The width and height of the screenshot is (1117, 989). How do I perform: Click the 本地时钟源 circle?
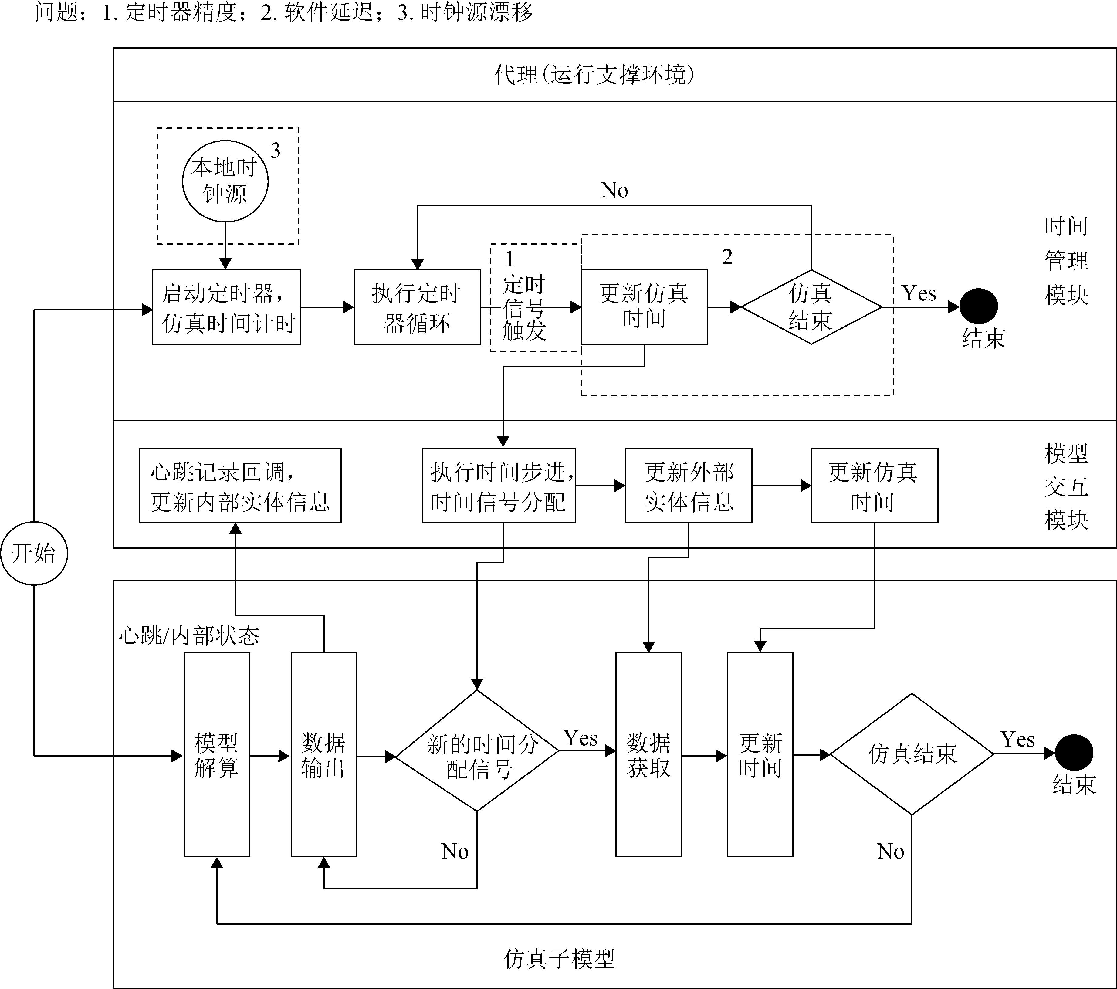225,180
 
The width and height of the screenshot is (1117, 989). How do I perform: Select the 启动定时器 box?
226,307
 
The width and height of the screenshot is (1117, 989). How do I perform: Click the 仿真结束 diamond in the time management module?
811,307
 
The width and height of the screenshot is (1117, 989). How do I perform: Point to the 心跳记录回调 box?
240,486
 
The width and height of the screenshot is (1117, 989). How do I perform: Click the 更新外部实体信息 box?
689,486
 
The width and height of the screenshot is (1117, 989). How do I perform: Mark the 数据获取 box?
649,755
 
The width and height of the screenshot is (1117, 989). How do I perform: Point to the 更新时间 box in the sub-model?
760,755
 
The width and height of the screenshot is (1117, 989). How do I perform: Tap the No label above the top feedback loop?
614,190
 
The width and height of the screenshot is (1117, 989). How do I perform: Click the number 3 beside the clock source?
276,151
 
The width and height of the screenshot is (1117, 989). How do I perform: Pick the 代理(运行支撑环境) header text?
594,75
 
